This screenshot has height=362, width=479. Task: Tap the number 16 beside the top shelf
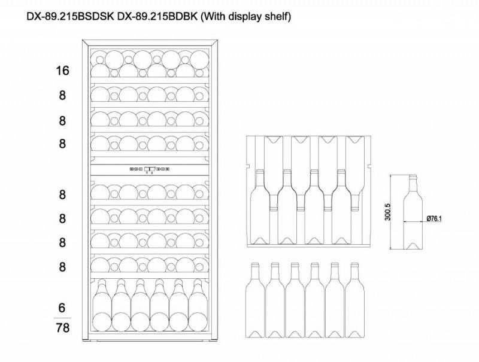62,71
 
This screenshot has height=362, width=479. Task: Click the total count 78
63,328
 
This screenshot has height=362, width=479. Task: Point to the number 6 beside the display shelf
62,308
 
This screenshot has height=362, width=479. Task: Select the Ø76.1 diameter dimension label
434,218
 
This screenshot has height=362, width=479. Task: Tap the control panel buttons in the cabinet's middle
149,169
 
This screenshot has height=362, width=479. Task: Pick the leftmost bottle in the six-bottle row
255,300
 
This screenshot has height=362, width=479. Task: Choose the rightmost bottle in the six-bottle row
354,300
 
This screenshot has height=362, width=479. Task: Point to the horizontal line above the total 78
62,318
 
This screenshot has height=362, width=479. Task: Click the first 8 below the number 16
62,96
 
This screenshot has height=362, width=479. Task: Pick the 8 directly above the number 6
62,267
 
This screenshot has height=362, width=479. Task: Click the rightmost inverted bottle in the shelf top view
355,174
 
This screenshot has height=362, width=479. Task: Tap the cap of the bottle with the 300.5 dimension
413,176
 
